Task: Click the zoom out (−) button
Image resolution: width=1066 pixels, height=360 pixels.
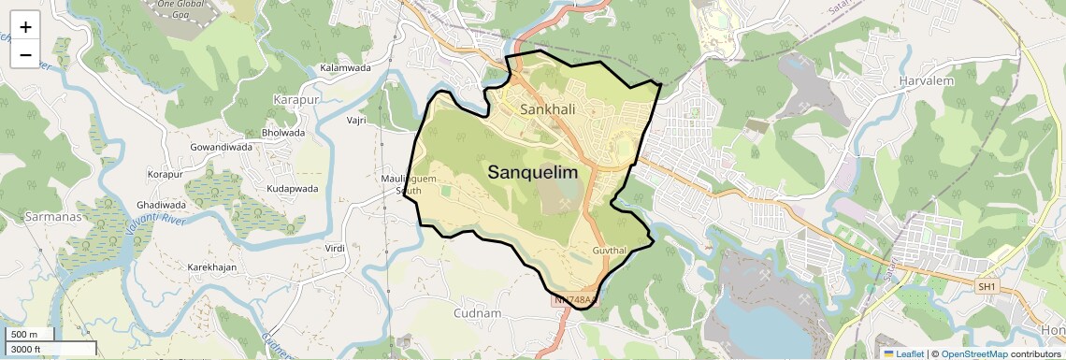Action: pyautogui.click(x=25, y=55)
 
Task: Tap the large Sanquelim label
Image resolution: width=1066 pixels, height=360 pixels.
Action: pyautogui.click(x=533, y=173)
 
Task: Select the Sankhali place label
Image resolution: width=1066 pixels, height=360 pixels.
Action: pyautogui.click(x=547, y=109)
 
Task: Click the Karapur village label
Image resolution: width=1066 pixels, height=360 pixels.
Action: pyautogui.click(x=296, y=99)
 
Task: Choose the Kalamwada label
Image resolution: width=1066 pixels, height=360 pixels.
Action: pyautogui.click(x=345, y=68)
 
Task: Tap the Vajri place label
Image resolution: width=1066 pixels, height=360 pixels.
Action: pyautogui.click(x=356, y=121)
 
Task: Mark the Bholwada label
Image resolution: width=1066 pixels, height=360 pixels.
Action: pyautogui.click(x=283, y=133)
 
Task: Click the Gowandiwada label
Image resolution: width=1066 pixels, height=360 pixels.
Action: pyautogui.click(x=222, y=148)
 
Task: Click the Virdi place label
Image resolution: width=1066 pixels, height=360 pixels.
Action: pyautogui.click(x=334, y=248)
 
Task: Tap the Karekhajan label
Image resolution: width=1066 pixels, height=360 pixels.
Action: pyautogui.click(x=216, y=267)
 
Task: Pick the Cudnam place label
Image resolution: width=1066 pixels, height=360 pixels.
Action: pyautogui.click(x=477, y=312)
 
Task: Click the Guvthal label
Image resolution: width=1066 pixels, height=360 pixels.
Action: pyautogui.click(x=613, y=252)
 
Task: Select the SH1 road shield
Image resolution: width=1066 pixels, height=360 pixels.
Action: pyautogui.click(x=986, y=285)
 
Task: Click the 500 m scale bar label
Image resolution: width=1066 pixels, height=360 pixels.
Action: pyautogui.click(x=25, y=335)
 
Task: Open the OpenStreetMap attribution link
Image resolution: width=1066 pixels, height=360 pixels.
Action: pyautogui.click(x=973, y=353)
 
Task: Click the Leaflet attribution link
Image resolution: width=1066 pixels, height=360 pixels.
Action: pyautogui.click(x=903, y=353)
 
